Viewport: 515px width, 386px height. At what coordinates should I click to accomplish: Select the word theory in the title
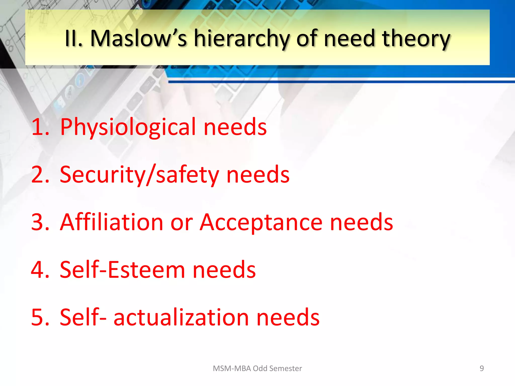(x=416, y=39)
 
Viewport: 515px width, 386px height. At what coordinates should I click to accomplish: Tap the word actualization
(x=181, y=317)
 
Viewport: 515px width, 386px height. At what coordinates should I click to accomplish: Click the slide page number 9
(x=482, y=368)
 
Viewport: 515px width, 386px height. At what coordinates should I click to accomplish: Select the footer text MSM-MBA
(x=232, y=368)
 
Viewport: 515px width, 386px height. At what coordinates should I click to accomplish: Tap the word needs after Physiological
(x=235, y=127)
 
